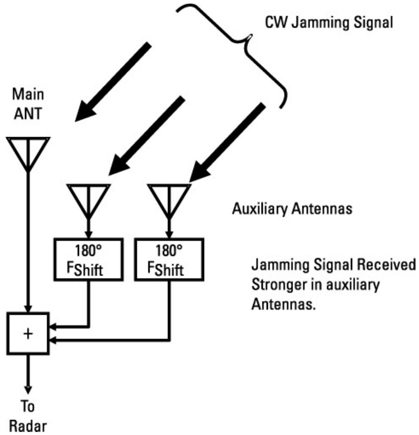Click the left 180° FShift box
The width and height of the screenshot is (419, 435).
point(88,260)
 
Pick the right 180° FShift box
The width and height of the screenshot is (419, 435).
point(169,260)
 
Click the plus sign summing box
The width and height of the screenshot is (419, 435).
point(28,334)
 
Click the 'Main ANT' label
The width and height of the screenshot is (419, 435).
point(28,104)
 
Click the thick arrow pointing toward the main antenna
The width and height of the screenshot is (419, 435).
point(112,82)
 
